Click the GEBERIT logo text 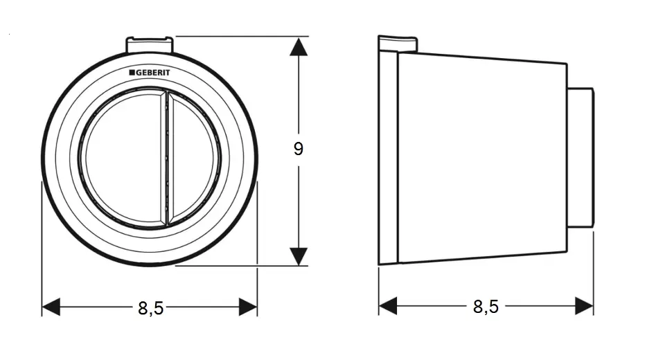[x=152, y=73]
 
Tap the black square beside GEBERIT [x=132, y=73]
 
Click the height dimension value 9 [x=298, y=149]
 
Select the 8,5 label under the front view [x=150, y=308]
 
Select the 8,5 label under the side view [x=486, y=306]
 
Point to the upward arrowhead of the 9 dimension [x=299, y=46]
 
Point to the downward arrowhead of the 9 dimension [x=299, y=257]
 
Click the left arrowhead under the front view [x=51, y=307]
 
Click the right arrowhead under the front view [x=248, y=307]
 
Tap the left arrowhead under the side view [x=388, y=306]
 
